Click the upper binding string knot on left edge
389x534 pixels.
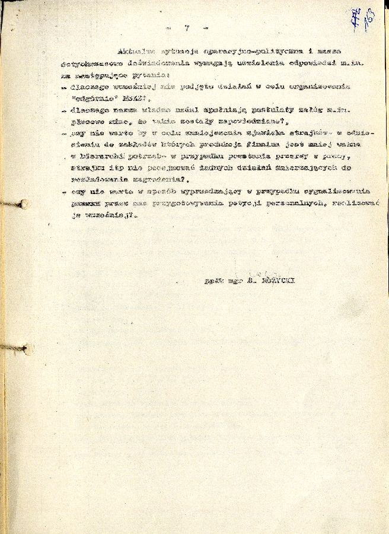point(24,204)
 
